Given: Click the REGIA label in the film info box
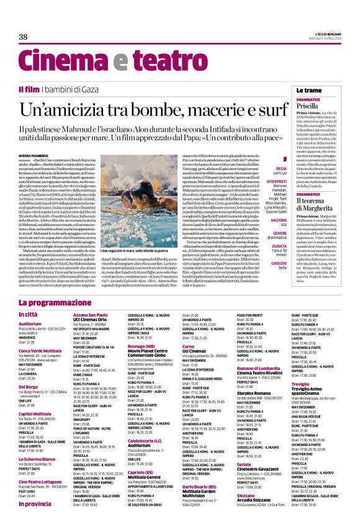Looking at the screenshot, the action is [282, 169].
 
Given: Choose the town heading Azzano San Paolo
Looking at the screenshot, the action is [92, 315].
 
